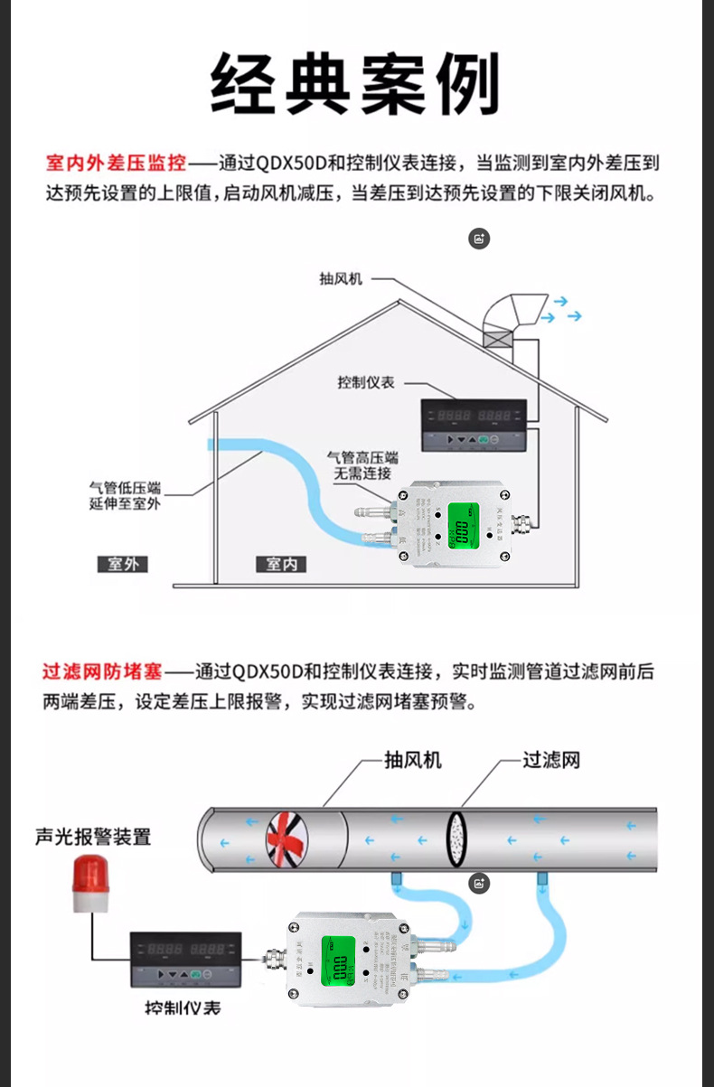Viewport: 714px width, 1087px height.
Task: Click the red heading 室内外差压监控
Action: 117,164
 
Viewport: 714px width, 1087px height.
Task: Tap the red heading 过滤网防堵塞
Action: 102,671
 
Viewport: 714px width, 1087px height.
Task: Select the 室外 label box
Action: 122,564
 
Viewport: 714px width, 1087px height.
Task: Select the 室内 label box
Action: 280,564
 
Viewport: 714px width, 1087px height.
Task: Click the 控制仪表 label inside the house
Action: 366,382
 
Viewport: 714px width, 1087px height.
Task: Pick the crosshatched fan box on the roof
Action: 496,340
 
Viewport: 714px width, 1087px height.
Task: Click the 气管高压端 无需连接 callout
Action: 366,465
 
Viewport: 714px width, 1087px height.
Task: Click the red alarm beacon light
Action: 90,884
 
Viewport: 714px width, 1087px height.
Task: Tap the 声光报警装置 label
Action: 93,836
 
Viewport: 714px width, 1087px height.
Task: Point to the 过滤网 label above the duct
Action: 551,759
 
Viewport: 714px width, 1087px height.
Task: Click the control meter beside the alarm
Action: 186,962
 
